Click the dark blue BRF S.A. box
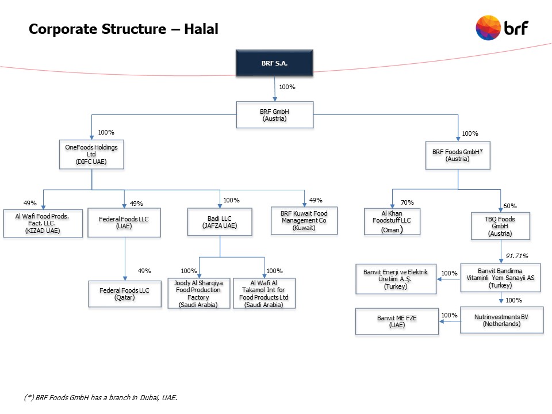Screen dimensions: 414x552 tap(275, 63)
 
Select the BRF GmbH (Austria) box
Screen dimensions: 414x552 tap(275, 115)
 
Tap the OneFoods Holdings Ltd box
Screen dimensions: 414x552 tap(91, 155)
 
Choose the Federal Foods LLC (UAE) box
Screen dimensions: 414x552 tap(124, 223)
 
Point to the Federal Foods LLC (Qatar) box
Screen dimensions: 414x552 tap(124, 294)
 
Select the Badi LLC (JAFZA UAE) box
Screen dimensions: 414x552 tap(220, 222)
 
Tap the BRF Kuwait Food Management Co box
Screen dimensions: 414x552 tap(304, 221)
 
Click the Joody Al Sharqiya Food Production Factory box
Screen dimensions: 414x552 tap(198, 293)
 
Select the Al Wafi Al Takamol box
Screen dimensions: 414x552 tap(264, 293)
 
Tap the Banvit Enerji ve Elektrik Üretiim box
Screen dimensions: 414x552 tap(396, 279)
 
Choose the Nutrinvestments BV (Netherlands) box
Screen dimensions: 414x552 tap(501, 320)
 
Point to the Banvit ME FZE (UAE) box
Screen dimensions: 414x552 tap(397, 321)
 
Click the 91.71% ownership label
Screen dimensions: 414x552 tap(516, 255)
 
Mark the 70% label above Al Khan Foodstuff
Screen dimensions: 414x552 tap(407, 202)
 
